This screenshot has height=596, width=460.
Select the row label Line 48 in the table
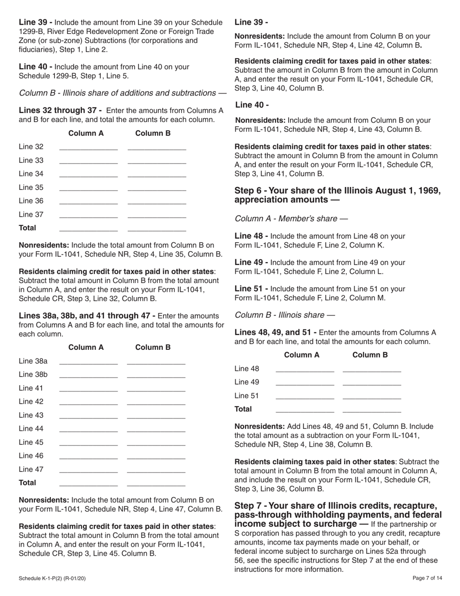point(247,369)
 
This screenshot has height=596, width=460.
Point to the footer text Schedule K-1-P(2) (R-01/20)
point(52,578)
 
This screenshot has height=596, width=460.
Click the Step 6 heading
point(337,195)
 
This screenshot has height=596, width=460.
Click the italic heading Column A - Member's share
point(286,219)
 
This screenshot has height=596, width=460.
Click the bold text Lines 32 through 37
point(60,110)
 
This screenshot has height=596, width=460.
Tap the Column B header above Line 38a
point(153,347)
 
